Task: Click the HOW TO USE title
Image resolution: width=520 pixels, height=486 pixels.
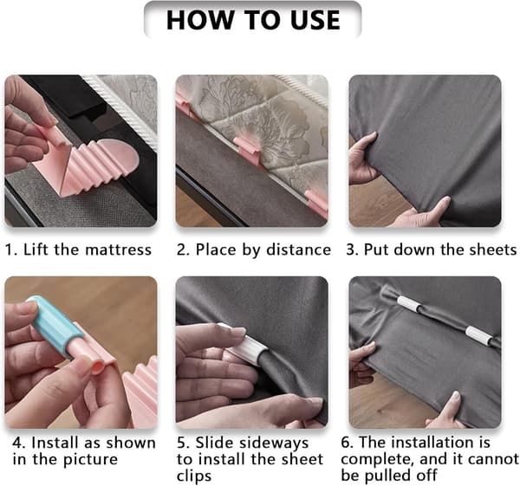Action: (253, 20)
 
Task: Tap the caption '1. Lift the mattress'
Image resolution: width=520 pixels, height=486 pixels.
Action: (78, 249)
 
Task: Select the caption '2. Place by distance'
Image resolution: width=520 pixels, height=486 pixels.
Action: (254, 249)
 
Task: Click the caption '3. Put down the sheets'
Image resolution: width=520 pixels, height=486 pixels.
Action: (432, 249)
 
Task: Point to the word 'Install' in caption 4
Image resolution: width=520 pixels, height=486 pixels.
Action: (55, 443)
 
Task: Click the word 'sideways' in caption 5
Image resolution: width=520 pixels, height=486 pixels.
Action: (252, 444)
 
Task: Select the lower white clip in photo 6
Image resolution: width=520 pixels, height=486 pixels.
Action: (478, 335)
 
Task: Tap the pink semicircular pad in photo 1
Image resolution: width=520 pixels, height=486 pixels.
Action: (120, 155)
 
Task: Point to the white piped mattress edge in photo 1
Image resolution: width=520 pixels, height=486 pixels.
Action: (123, 110)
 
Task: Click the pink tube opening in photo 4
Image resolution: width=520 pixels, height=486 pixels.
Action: (98, 366)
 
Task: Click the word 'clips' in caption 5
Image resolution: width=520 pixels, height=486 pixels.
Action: (194, 476)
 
